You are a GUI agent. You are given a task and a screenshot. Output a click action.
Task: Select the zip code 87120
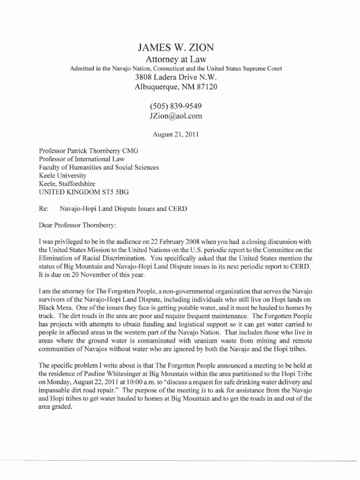pyautogui.click(x=204, y=87)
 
